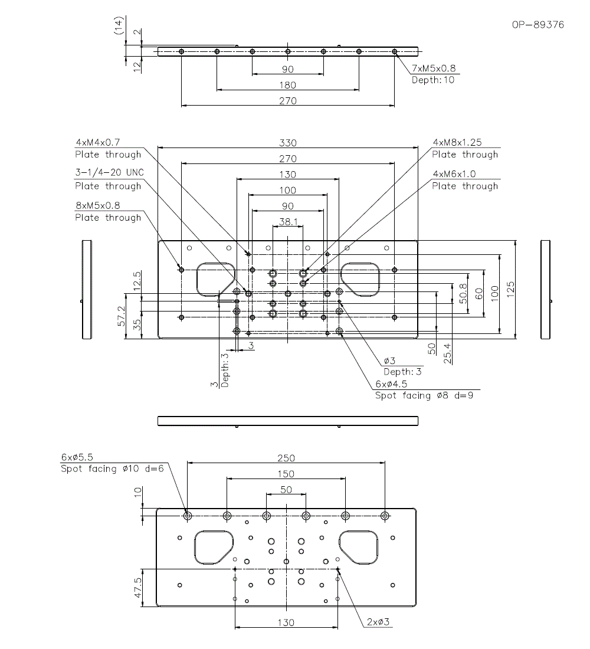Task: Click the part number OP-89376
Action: click(x=538, y=25)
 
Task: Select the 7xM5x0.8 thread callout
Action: click(x=434, y=68)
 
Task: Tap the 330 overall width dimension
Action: click(x=288, y=143)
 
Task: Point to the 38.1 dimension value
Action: click(x=288, y=222)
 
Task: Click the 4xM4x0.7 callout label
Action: click(x=98, y=142)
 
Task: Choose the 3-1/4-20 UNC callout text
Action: click(x=109, y=172)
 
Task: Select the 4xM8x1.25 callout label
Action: click(x=457, y=142)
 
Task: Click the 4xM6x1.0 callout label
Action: click(x=454, y=174)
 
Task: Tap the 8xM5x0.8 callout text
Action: click(x=98, y=205)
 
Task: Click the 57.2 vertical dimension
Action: click(x=122, y=316)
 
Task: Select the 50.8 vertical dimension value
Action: click(x=463, y=293)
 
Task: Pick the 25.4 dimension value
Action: click(x=448, y=353)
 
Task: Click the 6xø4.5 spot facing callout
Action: click(x=391, y=383)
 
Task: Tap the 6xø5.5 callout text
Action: click(x=77, y=457)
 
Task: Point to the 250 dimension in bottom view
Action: click(x=286, y=458)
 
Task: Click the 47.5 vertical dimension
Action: click(x=137, y=588)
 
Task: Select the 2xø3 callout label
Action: click(x=378, y=622)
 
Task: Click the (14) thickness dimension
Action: click(x=119, y=25)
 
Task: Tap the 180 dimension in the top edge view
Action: click(x=288, y=86)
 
